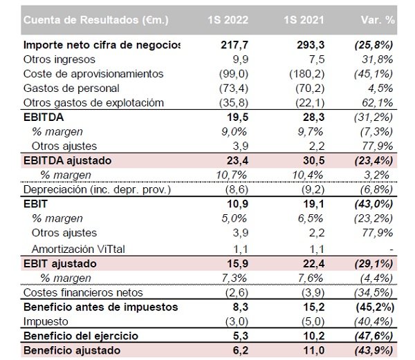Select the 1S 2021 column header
pyautogui.click(x=299, y=21)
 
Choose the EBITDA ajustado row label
pyautogui.click(x=68, y=160)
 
